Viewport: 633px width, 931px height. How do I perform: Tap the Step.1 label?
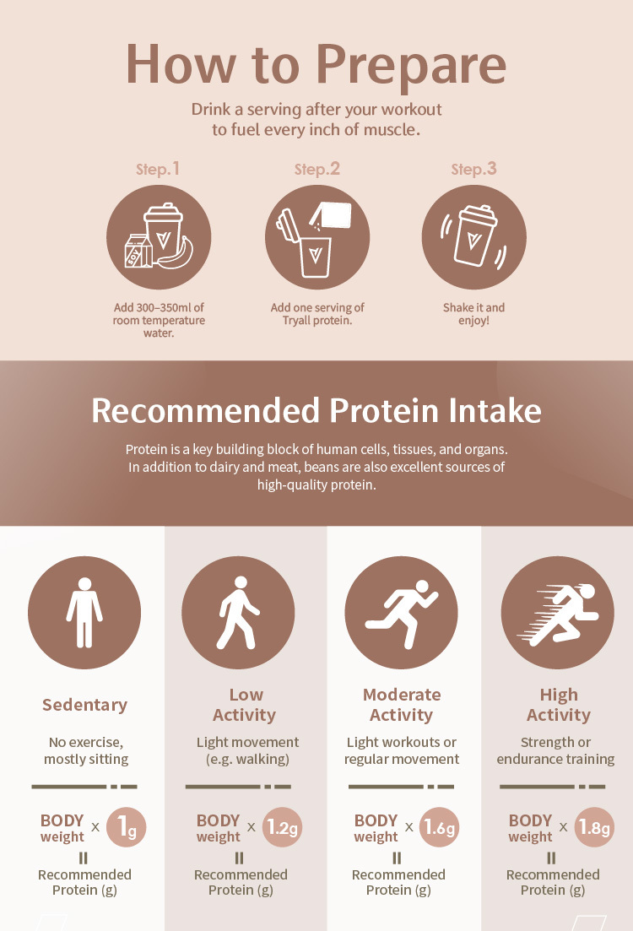(x=157, y=169)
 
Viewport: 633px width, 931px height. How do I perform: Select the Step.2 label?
(x=317, y=169)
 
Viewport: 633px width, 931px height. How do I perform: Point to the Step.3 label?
(x=473, y=169)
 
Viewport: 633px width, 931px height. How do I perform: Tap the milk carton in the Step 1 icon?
(x=138, y=252)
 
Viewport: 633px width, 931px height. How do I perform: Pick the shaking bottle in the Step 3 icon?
(x=474, y=235)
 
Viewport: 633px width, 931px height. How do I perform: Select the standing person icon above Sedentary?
(x=84, y=612)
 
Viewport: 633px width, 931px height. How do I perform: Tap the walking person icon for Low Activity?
(x=238, y=612)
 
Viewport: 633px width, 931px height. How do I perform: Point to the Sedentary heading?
(x=84, y=705)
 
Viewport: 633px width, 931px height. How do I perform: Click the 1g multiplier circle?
(x=126, y=827)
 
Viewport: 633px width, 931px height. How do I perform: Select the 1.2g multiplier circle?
(x=282, y=827)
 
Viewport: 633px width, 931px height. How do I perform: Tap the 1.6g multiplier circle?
(x=439, y=827)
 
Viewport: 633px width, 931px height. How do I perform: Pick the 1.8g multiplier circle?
(x=594, y=827)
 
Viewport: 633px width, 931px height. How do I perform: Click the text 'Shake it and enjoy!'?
(x=473, y=314)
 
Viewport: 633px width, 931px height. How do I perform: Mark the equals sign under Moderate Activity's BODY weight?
(x=397, y=858)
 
